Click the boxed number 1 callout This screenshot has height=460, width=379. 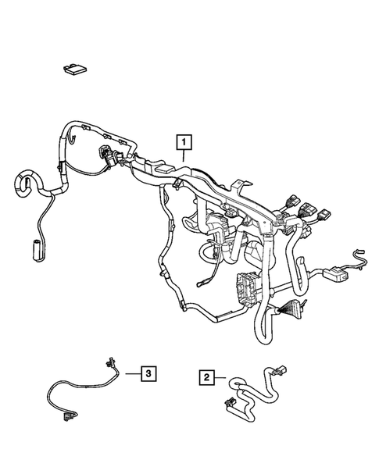184,142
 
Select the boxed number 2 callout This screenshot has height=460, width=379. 206,377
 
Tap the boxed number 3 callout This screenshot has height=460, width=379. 146,373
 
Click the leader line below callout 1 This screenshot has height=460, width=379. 184,155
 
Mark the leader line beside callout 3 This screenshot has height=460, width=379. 130,373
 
